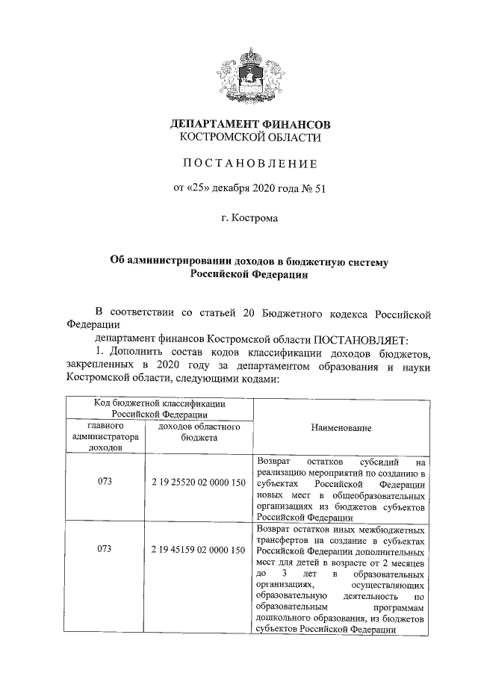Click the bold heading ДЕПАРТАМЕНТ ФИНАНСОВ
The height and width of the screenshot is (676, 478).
[x=249, y=123]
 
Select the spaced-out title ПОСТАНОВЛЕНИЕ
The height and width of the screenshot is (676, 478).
[x=249, y=163]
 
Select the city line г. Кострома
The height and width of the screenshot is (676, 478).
[x=249, y=219]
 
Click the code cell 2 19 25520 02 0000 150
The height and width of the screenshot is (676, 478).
[x=198, y=483]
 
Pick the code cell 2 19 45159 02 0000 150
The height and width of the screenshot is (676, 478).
[x=198, y=549]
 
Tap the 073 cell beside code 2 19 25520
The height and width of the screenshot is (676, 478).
[x=105, y=483]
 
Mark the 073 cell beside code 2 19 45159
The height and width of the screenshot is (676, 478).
[x=105, y=549]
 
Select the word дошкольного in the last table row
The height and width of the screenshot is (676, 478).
[x=285, y=618]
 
